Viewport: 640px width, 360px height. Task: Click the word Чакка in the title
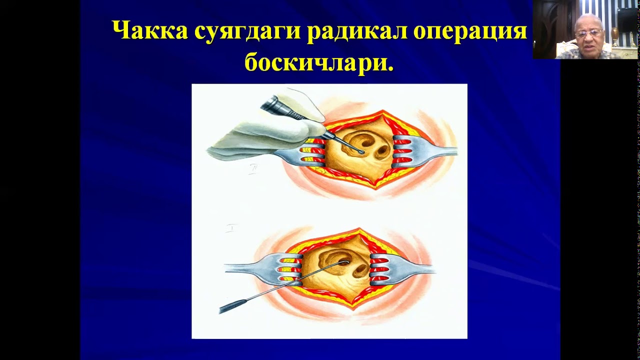149,31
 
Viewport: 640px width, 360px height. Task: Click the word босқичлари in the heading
319,62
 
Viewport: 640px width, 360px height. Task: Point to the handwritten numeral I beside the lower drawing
230,228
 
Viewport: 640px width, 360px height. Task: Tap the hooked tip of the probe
345,262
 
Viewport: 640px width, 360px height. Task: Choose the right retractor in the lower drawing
400,270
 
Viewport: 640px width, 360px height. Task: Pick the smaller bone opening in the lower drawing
360,270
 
